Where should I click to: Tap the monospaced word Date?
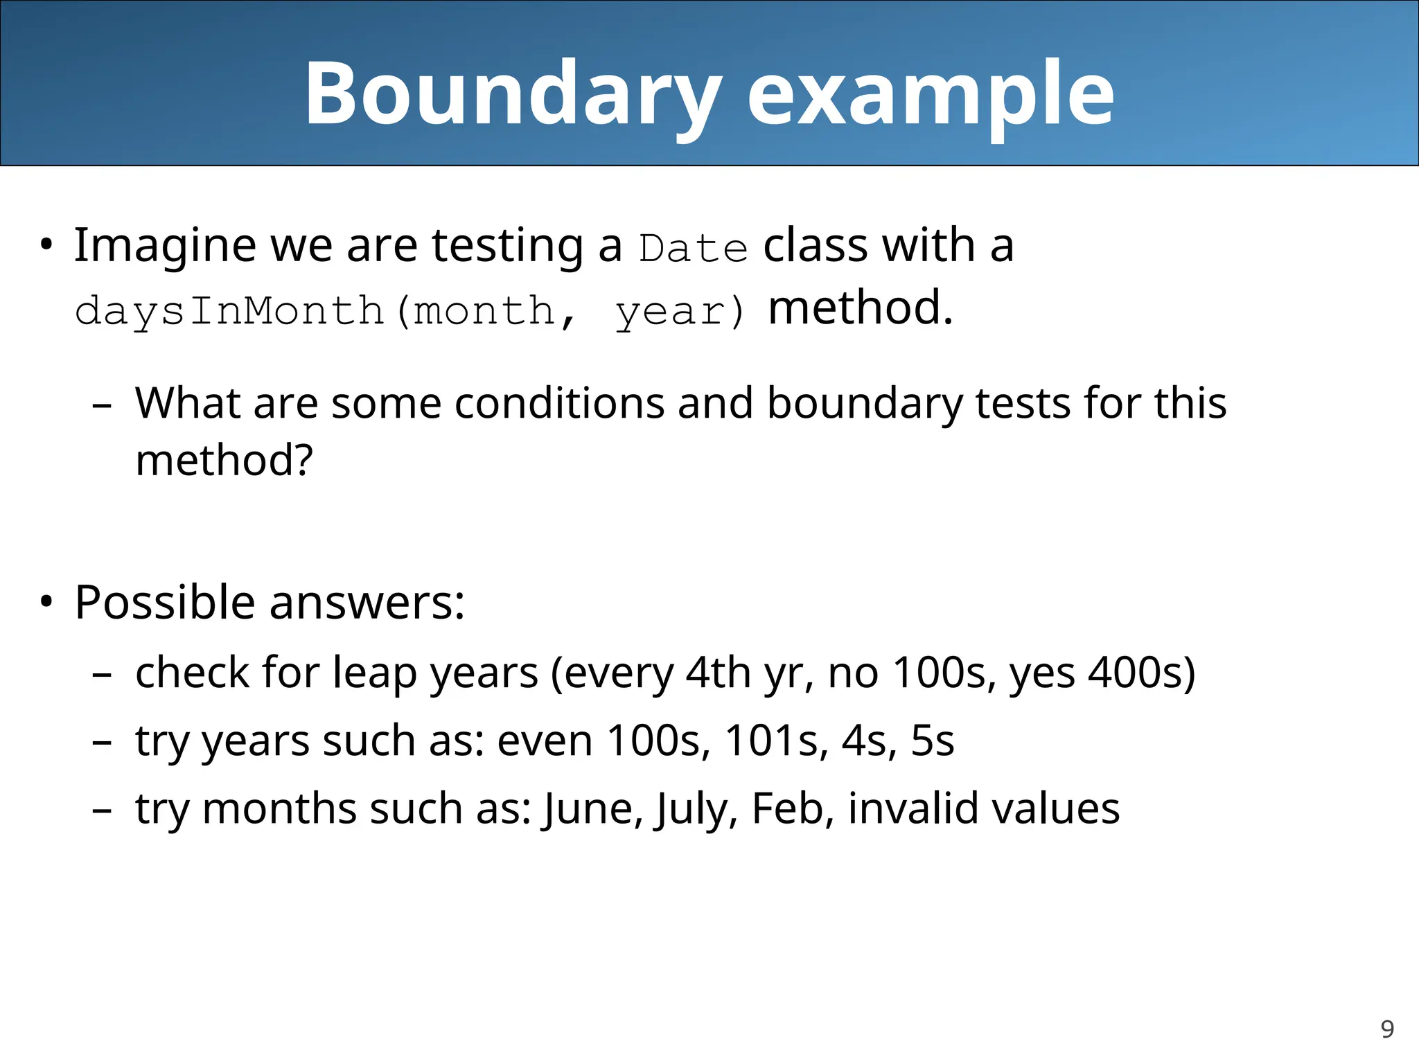(x=694, y=248)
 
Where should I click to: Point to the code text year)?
(x=680, y=310)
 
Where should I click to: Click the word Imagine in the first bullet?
(x=165, y=246)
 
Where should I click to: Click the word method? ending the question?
(x=224, y=460)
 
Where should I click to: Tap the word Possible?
(x=165, y=602)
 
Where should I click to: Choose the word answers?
(x=367, y=602)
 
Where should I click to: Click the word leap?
(x=374, y=673)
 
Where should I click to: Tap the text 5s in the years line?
(x=932, y=741)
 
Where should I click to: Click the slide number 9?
(x=1387, y=1029)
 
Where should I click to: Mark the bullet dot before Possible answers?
(x=46, y=601)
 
